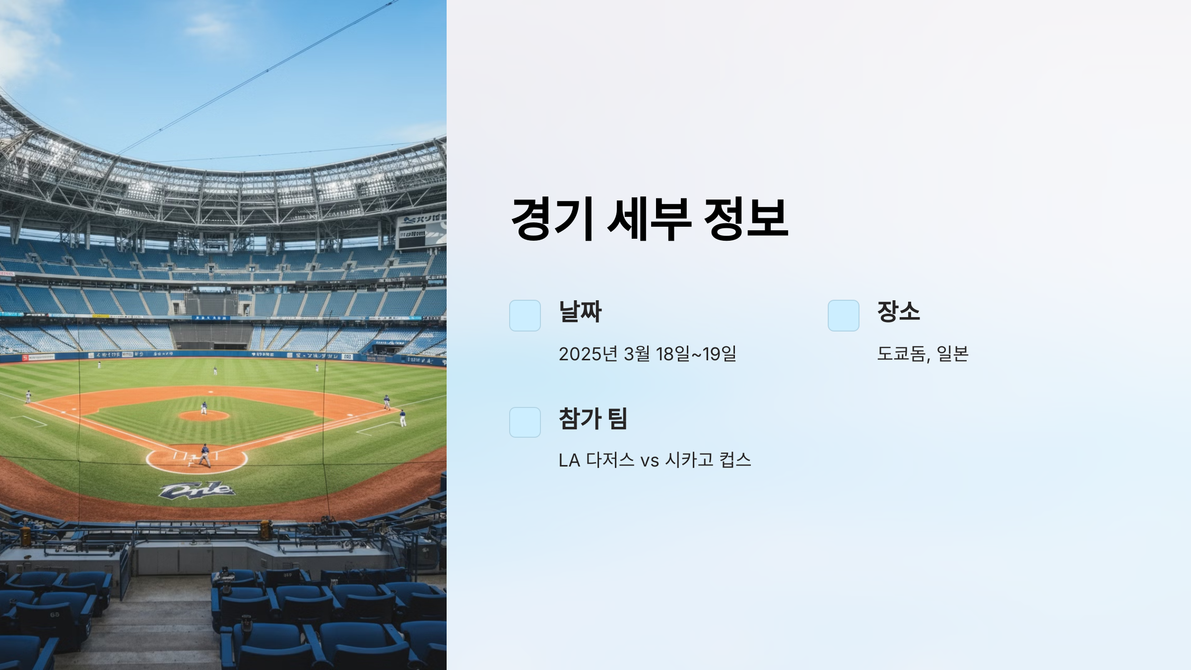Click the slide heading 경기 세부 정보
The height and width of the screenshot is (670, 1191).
click(649, 219)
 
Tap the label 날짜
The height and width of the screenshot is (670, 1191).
click(580, 312)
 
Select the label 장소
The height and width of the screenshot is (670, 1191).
click(898, 312)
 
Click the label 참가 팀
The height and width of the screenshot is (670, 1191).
click(593, 418)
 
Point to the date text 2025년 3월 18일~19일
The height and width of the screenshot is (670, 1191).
click(647, 354)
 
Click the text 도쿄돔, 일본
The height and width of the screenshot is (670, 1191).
click(922, 353)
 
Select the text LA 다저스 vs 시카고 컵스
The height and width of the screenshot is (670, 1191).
click(654, 460)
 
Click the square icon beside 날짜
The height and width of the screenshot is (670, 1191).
click(525, 315)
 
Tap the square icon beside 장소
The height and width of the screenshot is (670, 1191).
click(843, 315)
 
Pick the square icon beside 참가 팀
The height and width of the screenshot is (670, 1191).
click(525, 422)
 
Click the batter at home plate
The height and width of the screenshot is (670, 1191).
click(204, 456)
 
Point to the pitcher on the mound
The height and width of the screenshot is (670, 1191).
click(203, 408)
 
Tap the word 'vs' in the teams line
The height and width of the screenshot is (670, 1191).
click(649, 461)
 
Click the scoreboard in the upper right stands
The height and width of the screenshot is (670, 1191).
click(421, 231)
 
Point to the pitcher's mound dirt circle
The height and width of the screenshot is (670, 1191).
click(203, 416)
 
